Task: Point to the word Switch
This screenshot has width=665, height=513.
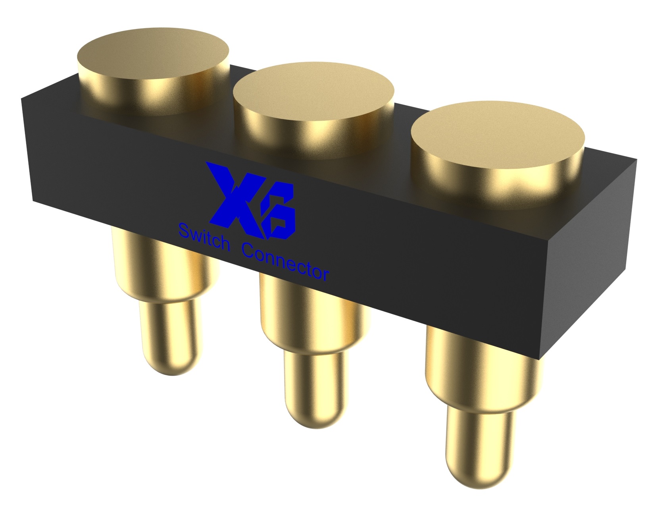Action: tap(204, 237)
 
